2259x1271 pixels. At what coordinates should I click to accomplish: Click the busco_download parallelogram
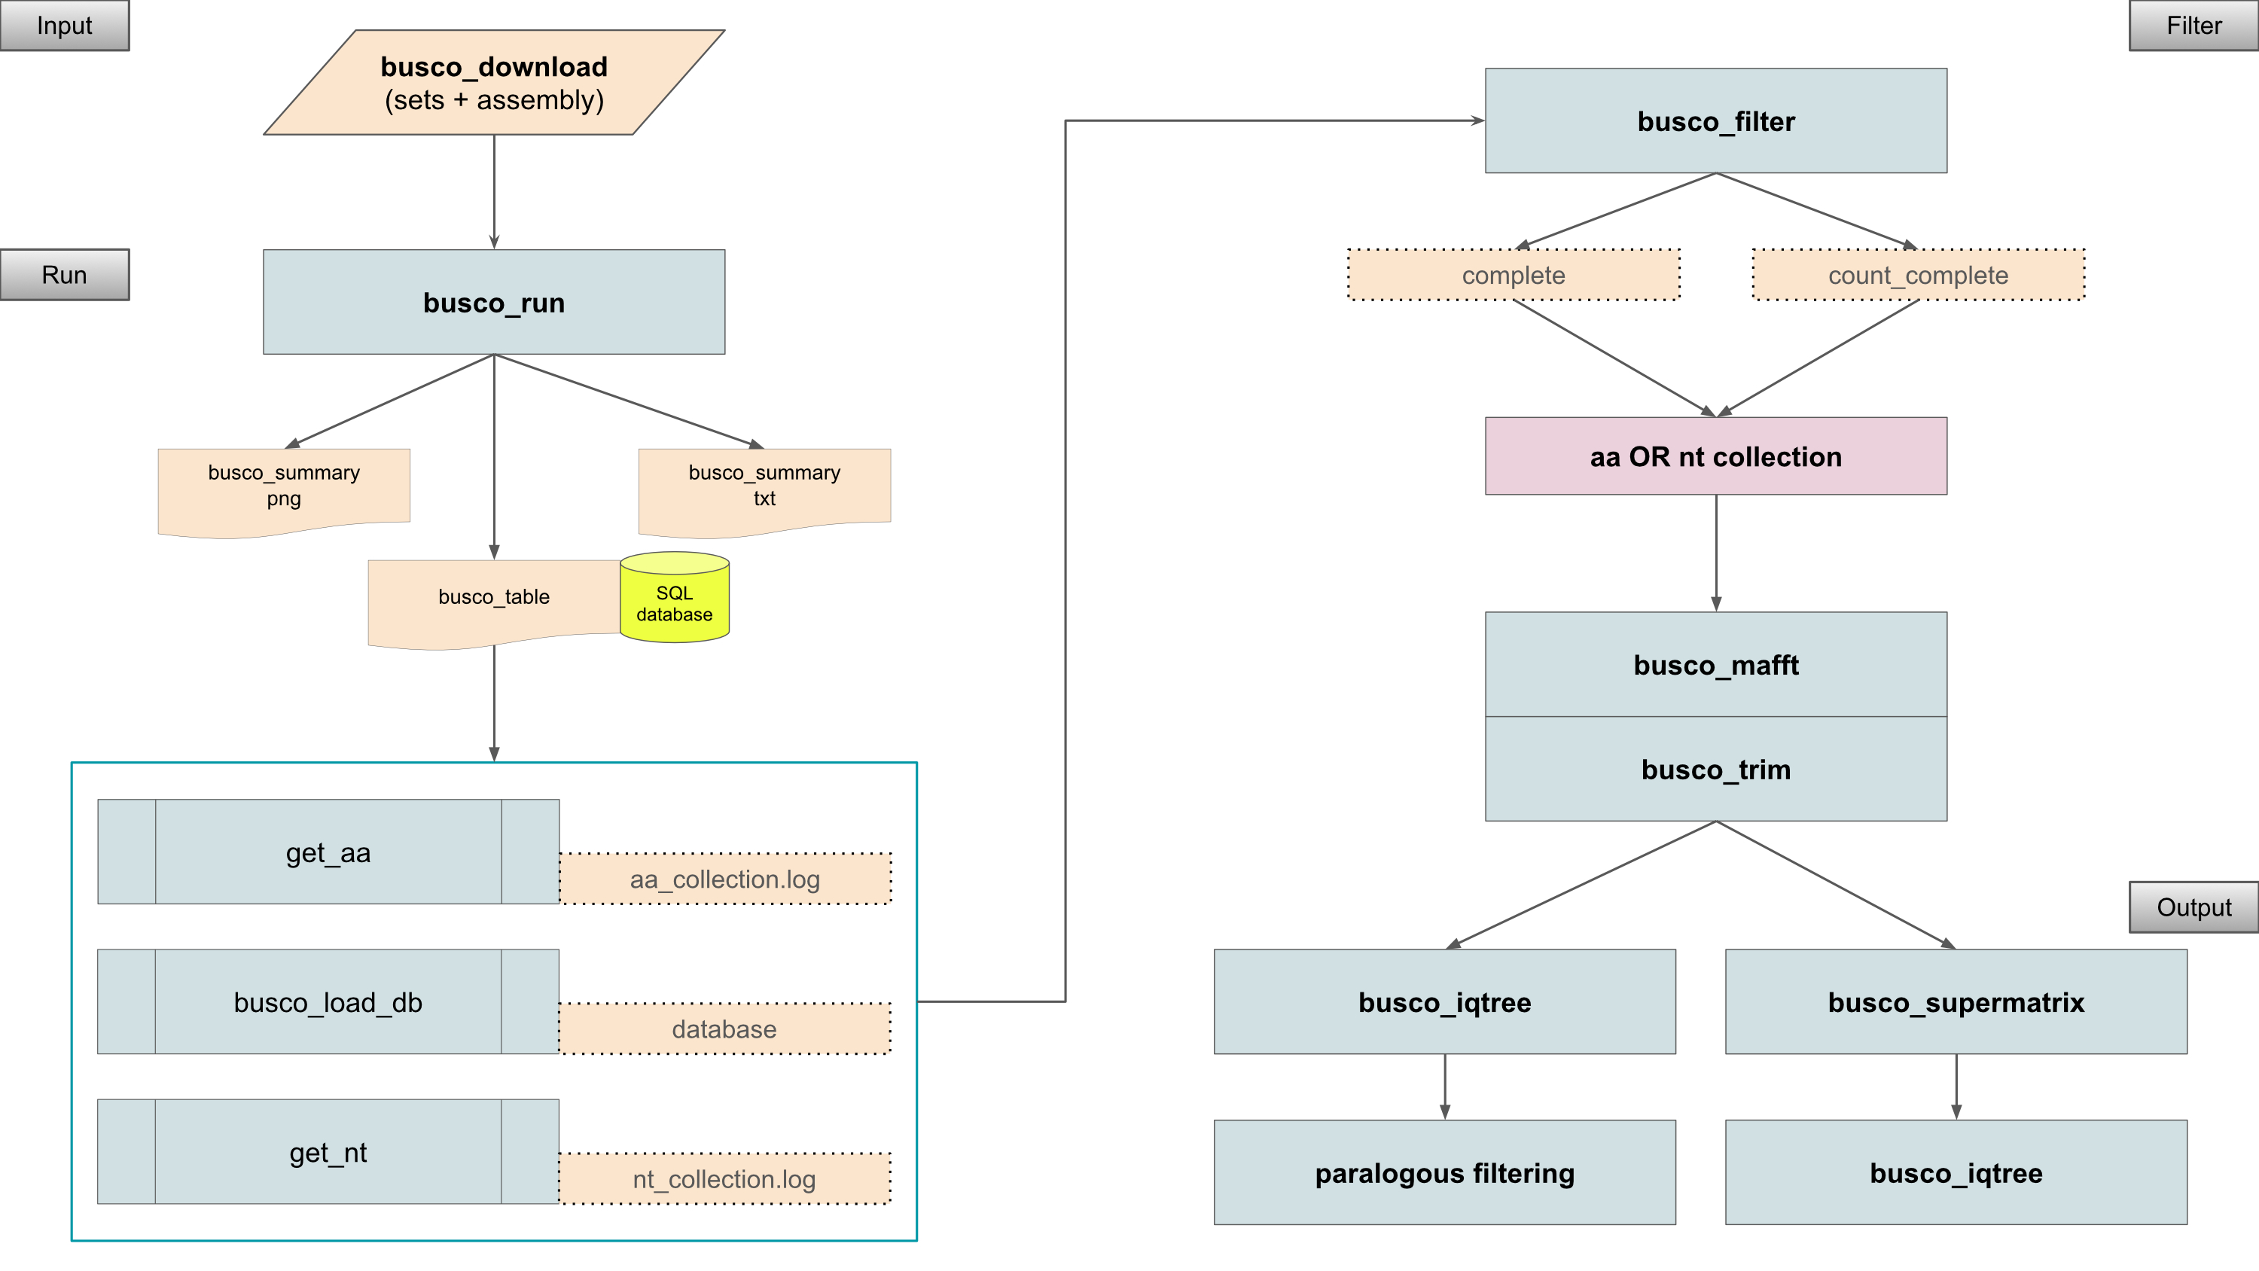494,83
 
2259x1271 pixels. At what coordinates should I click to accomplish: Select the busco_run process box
494,303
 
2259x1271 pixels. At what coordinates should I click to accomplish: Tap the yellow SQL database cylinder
675,600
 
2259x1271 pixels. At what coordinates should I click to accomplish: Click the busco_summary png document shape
283,488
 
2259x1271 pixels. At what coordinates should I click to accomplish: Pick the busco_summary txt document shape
764,488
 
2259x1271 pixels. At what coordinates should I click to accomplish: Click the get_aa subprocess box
328,852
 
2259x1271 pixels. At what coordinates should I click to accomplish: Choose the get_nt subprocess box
328,1152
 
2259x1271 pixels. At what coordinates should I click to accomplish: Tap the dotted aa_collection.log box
725,879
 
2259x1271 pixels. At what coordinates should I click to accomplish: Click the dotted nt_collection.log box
725,1179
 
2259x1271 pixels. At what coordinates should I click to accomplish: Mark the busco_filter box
1715,121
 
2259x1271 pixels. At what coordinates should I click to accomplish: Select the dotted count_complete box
1918,276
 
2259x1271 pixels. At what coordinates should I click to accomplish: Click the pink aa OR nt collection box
1715,456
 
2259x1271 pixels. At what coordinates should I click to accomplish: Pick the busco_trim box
1715,770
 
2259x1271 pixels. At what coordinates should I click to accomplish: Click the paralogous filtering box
1444,1173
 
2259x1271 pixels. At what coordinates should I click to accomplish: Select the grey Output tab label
2193,907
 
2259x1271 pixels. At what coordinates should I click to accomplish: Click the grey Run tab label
64,275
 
